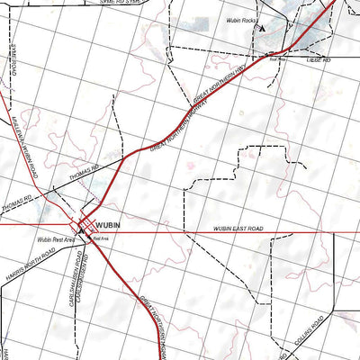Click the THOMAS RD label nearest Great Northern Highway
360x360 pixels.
(x=105, y=167)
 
